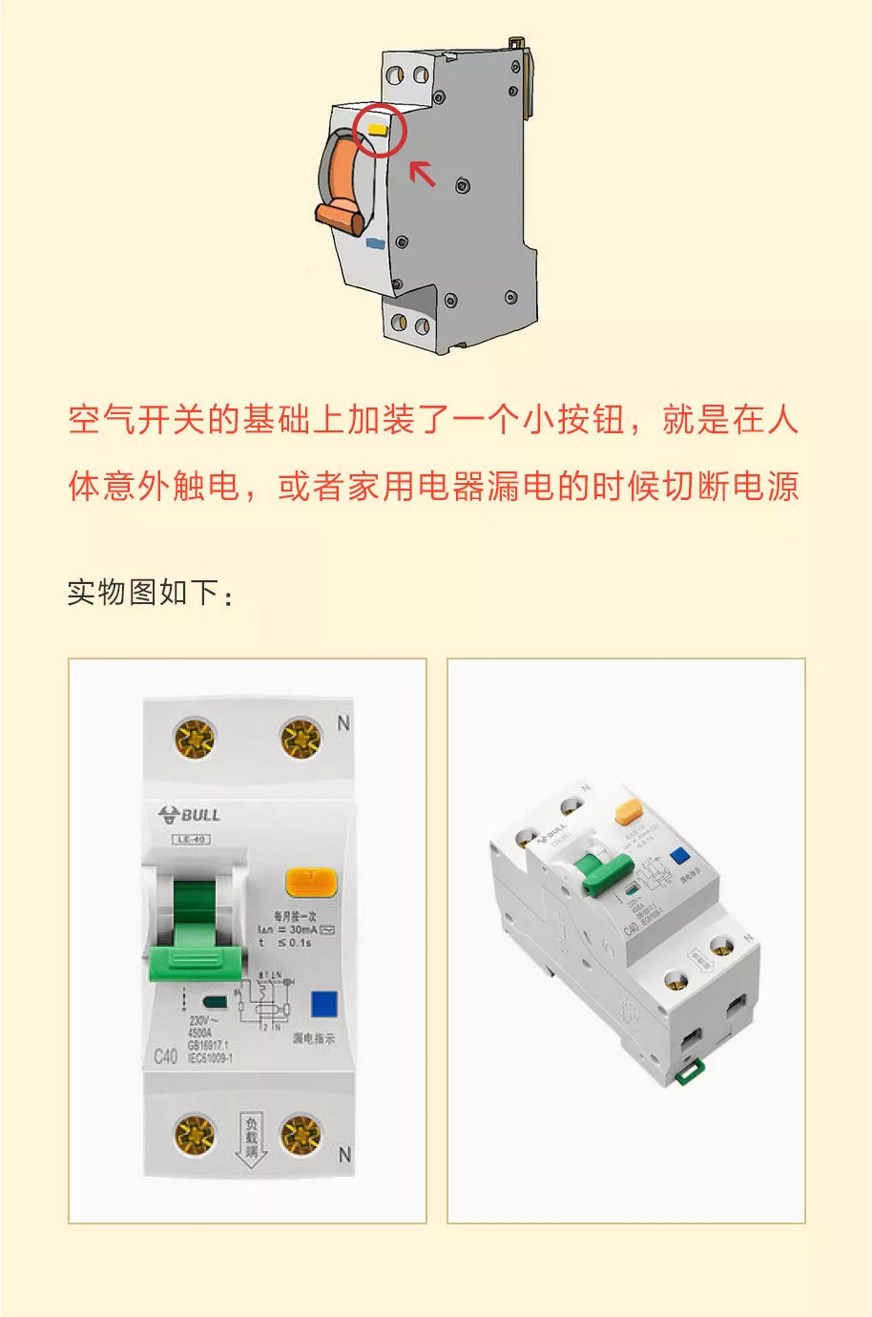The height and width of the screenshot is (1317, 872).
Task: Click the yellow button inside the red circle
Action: pos(376,126)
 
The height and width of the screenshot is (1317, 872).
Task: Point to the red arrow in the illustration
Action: pos(422,173)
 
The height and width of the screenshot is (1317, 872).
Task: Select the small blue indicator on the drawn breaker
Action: pos(376,244)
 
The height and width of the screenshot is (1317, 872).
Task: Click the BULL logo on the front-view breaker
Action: pos(190,814)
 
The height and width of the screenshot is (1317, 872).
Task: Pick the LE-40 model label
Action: pos(191,840)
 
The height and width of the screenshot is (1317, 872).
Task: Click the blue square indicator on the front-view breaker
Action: pos(324,1004)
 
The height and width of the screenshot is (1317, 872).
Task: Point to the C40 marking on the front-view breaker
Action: pos(165,1056)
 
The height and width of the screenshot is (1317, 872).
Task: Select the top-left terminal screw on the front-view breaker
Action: pos(195,738)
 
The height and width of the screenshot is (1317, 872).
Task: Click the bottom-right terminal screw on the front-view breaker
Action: pos(301,1134)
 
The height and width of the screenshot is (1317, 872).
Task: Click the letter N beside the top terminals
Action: pos(343,723)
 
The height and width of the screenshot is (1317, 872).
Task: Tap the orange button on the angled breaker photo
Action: pos(630,812)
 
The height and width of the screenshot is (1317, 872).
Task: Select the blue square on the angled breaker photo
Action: pos(679,855)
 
